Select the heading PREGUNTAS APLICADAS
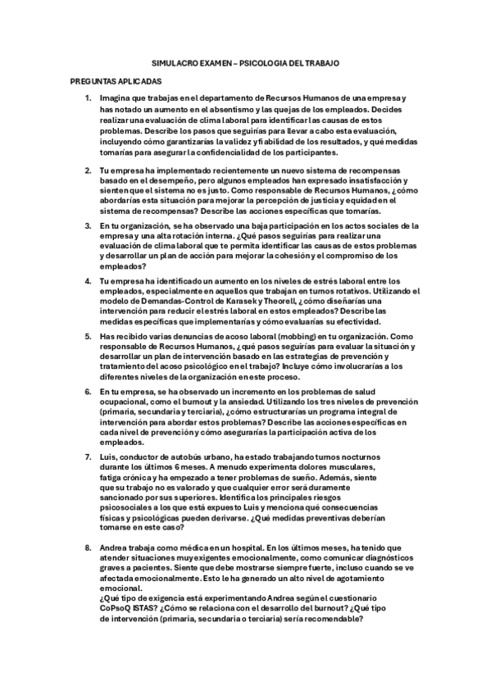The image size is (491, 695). coord(116,82)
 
